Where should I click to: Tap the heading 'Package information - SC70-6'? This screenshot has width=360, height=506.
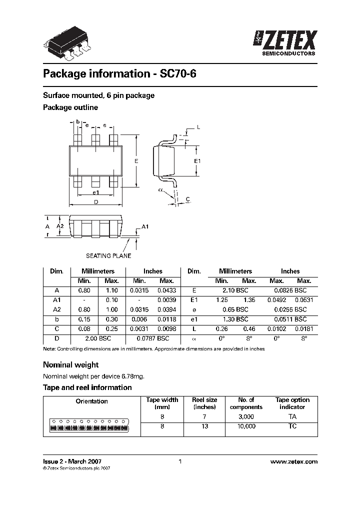[120, 74]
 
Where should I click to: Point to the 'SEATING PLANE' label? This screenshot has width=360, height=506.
[108, 255]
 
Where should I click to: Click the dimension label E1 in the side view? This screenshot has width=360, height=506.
[197, 161]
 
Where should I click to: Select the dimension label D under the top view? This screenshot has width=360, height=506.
[95, 201]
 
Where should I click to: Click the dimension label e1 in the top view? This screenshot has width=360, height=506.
[95, 192]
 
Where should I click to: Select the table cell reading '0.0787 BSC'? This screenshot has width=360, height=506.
[153, 338]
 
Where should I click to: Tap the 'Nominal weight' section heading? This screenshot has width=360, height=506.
[70, 364]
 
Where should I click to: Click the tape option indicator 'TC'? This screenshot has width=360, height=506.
[292, 426]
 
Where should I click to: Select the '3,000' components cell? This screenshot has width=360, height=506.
[246, 416]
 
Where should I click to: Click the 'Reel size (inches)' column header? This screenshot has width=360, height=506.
[204, 403]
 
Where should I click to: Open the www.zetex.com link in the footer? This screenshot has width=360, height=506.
[293, 462]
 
